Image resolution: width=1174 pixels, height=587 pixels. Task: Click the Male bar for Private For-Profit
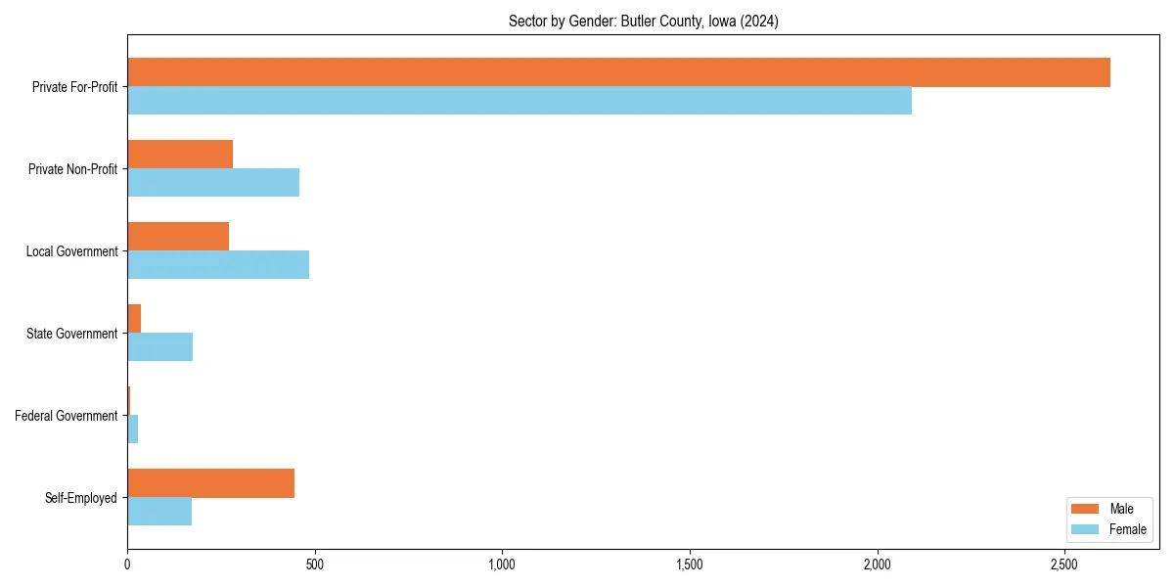click(618, 72)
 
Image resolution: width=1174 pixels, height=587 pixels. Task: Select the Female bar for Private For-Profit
click(519, 101)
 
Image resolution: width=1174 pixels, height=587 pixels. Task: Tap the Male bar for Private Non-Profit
click(180, 155)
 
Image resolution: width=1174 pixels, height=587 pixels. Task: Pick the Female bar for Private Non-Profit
click(213, 183)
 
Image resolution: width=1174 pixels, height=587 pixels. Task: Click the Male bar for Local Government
click(178, 237)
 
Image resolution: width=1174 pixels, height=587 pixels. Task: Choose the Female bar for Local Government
click(218, 265)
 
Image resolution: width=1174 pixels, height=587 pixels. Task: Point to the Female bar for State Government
click(159, 347)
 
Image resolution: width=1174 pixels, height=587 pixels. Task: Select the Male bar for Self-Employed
click(210, 483)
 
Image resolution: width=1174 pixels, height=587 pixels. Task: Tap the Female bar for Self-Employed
click(159, 512)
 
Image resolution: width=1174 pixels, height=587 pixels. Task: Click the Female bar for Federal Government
click(133, 429)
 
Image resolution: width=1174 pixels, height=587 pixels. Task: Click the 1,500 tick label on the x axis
click(690, 564)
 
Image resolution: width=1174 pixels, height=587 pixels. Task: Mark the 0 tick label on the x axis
click(127, 564)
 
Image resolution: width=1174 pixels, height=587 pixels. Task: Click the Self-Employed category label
click(81, 498)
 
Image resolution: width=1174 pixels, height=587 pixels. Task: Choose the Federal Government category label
click(67, 416)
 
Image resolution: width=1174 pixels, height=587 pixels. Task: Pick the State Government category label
click(72, 334)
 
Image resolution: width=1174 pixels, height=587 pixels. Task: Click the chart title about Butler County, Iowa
click(643, 22)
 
